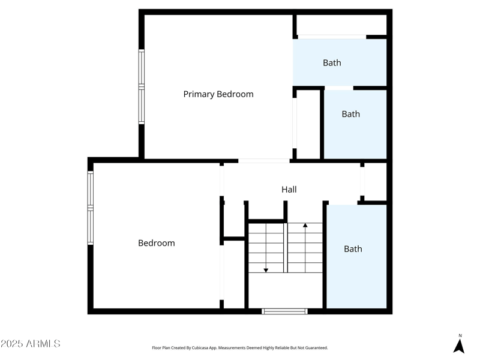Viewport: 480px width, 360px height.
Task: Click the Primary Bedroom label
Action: point(218,94)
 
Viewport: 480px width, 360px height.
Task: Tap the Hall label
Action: point(289,190)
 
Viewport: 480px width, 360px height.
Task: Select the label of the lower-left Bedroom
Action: point(157,243)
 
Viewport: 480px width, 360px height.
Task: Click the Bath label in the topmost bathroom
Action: point(332,62)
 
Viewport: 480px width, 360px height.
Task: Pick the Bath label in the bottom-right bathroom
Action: point(353,248)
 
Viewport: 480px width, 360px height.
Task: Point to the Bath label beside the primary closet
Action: point(351,114)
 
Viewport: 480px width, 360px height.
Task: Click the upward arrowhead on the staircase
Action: point(305,226)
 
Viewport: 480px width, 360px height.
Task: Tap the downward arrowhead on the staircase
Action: point(266,271)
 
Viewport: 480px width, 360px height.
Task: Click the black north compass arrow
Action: point(459,346)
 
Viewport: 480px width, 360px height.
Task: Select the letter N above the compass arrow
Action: point(460,335)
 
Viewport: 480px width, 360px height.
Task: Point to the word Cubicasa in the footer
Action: point(211,348)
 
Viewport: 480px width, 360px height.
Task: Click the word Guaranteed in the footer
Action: point(315,348)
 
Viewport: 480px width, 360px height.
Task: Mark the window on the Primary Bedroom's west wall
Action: point(142,86)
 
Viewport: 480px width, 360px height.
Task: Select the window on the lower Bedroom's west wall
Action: point(91,208)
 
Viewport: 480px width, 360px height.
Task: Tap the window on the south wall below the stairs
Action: point(285,311)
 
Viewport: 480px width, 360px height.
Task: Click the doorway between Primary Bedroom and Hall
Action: point(264,161)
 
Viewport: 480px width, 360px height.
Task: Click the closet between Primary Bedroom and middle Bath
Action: point(308,124)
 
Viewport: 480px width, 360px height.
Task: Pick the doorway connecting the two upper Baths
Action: point(339,88)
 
